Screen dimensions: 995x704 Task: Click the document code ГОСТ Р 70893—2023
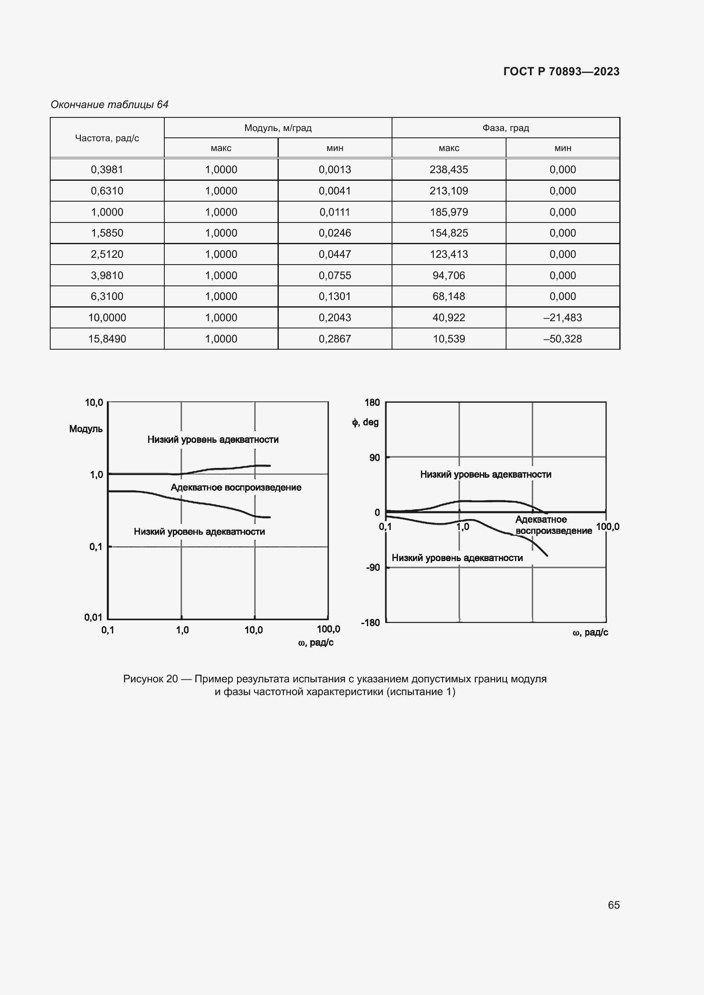click(x=561, y=71)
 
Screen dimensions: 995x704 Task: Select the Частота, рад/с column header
click(x=107, y=138)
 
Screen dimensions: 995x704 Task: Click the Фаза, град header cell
click(x=506, y=128)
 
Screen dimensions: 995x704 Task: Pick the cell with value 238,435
click(x=449, y=169)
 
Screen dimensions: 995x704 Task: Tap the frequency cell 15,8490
click(x=107, y=339)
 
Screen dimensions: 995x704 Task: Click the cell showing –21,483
click(x=562, y=318)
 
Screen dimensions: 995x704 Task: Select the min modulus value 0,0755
click(x=335, y=276)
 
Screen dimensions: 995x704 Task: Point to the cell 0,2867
click(x=335, y=339)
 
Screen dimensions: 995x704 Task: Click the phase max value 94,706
click(x=449, y=276)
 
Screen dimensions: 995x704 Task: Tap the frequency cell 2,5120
click(x=107, y=254)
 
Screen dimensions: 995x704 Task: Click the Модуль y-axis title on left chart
click(x=86, y=429)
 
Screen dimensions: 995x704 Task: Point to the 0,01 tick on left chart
click(x=94, y=617)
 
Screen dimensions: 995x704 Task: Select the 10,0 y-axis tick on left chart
click(x=94, y=402)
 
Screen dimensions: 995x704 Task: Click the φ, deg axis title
click(x=365, y=422)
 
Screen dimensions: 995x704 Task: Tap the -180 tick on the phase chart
click(x=370, y=622)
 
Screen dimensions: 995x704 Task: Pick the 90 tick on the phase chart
click(x=374, y=458)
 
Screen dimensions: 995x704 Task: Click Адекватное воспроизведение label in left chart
click(x=236, y=488)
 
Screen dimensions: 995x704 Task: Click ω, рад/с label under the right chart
click(x=590, y=633)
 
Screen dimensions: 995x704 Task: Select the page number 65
click(x=613, y=905)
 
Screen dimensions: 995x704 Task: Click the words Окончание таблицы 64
click(x=110, y=105)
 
